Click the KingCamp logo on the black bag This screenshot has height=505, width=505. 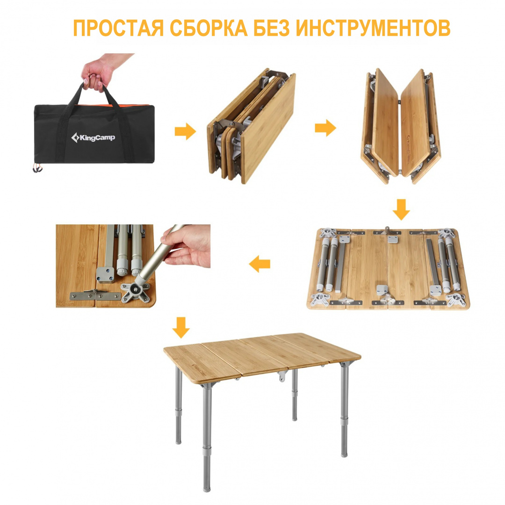point(93,137)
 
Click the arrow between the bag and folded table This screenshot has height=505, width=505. point(185,131)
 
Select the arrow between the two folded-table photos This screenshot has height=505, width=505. point(325,128)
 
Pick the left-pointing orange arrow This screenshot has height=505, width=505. point(260,265)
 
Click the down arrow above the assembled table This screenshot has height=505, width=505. point(181,327)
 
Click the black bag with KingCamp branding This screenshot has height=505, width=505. point(94,133)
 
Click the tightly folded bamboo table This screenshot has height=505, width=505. point(252,126)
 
